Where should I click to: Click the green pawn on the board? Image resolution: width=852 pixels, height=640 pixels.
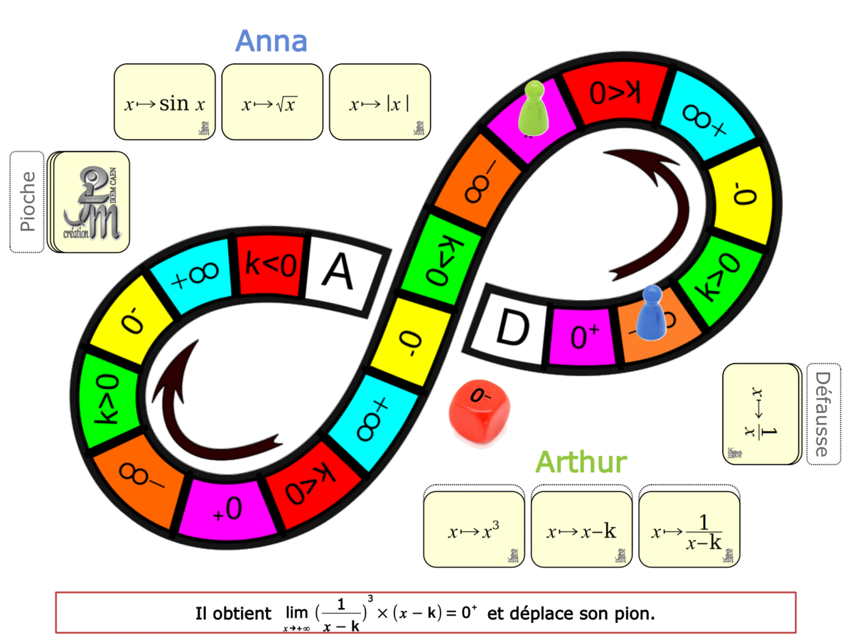click(532, 107)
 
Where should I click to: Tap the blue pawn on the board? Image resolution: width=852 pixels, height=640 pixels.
click(650, 312)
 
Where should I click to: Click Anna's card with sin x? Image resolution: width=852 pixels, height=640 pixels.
click(164, 102)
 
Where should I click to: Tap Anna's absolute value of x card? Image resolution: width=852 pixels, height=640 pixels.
click(379, 102)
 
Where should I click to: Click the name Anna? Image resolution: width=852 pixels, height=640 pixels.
click(271, 41)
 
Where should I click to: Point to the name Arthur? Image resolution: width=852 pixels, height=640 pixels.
click(581, 462)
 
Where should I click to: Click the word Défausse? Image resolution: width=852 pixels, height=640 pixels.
click(821, 414)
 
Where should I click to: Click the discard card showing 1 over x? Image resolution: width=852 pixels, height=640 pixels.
click(760, 414)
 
